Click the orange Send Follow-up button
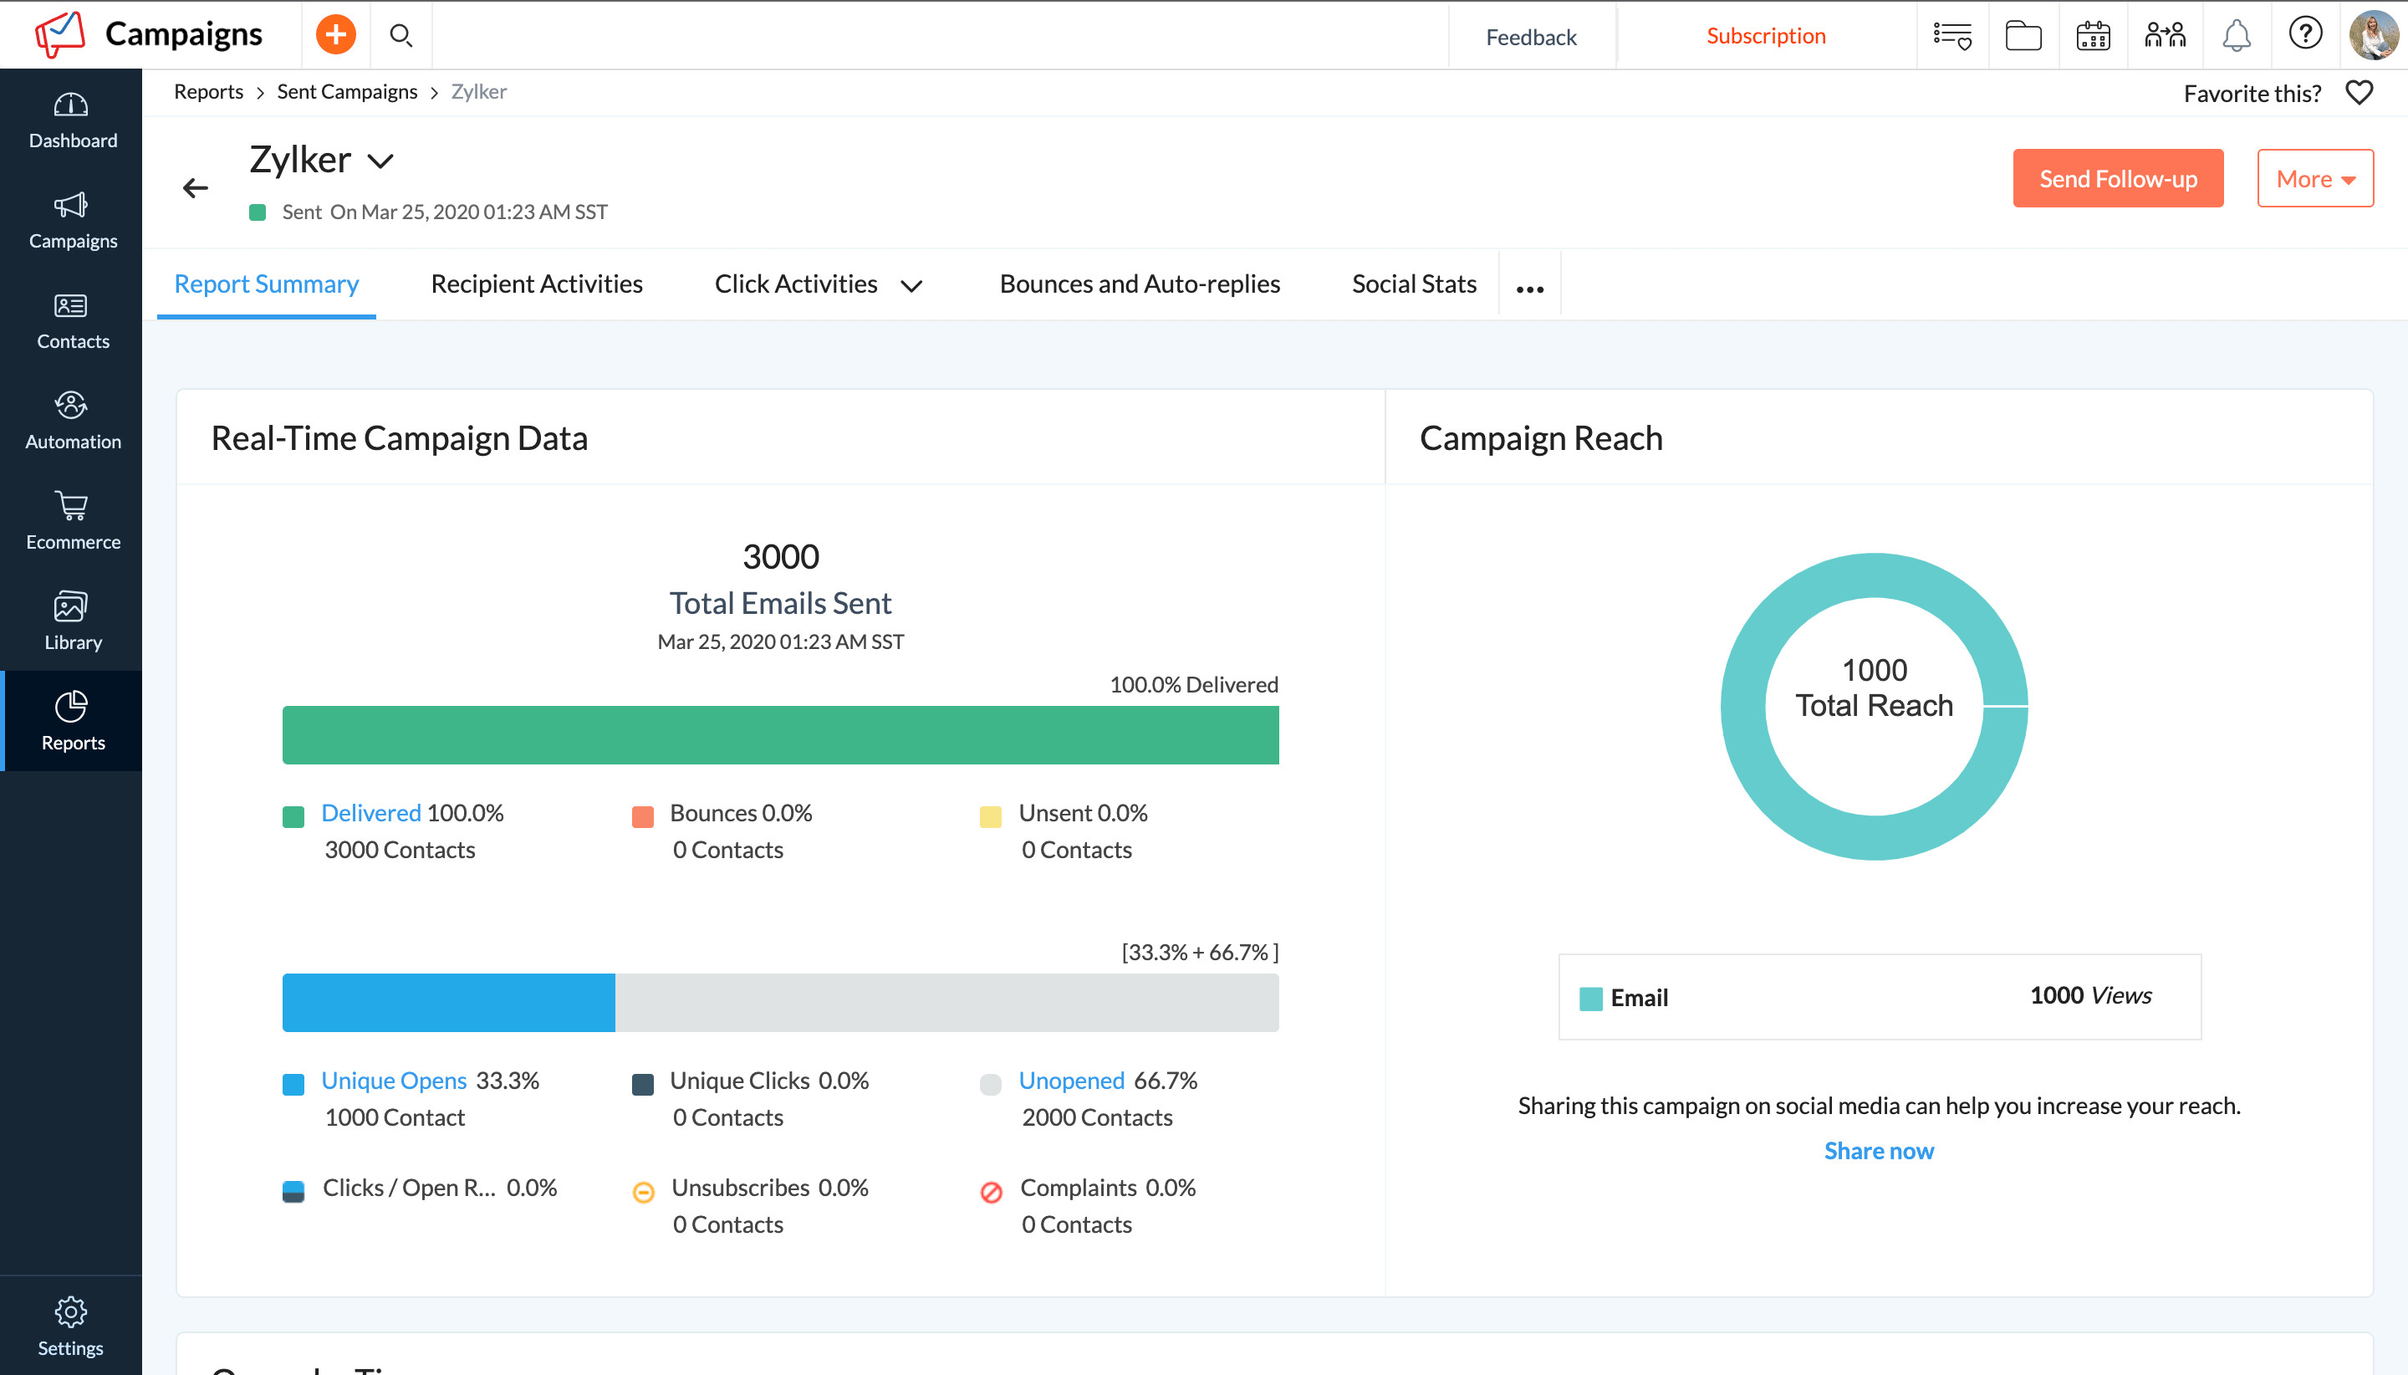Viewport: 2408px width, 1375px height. (x=2116, y=178)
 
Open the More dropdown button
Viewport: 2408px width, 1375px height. (x=2314, y=178)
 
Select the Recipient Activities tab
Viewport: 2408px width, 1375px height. (x=536, y=284)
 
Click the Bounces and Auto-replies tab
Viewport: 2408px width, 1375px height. (x=1139, y=284)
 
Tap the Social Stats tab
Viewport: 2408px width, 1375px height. (x=1413, y=284)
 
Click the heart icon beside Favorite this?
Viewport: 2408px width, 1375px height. (x=2358, y=93)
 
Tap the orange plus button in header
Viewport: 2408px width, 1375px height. (x=335, y=35)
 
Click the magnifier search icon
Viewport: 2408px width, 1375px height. (x=401, y=36)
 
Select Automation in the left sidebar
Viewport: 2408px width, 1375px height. (x=72, y=420)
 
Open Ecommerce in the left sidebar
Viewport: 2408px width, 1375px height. (x=72, y=520)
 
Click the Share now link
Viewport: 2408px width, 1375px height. (x=1878, y=1150)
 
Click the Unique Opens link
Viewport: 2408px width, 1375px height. (x=394, y=1081)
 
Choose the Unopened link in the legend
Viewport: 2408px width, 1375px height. (x=1070, y=1081)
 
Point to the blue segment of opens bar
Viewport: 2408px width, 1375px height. (x=448, y=1002)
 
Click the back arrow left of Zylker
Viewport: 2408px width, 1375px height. (x=196, y=188)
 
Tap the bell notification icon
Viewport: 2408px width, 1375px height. (x=2235, y=36)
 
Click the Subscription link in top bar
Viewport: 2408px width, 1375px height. (x=1765, y=36)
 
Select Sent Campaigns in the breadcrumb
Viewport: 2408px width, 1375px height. (x=346, y=92)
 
